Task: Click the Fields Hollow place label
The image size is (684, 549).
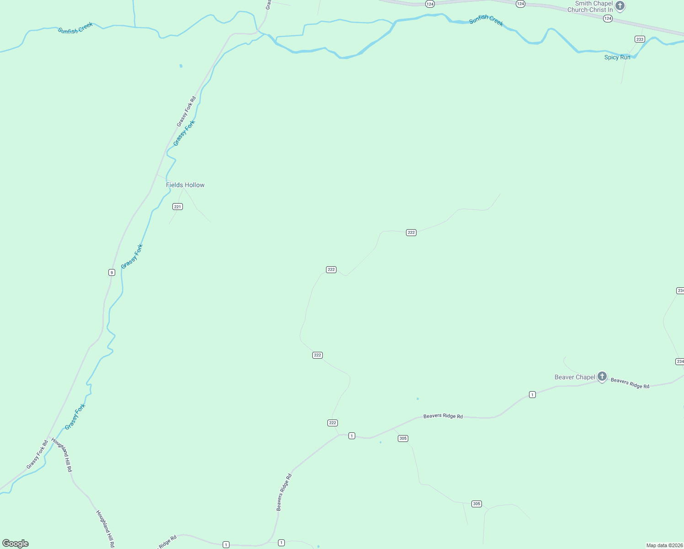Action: pos(185,185)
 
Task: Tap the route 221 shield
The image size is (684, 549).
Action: pos(178,207)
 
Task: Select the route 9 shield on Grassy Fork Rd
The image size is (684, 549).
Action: pos(112,273)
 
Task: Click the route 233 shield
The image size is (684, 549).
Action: pos(640,39)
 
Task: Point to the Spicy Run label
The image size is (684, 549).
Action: pos(617,57)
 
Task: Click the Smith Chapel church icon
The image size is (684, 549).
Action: pos(620,6)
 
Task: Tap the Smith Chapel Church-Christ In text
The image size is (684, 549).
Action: pos(590,6)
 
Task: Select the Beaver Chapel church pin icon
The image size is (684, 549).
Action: pos(602,377)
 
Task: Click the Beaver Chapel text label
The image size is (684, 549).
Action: pos(575,377)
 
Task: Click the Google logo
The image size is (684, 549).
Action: pos(16,544)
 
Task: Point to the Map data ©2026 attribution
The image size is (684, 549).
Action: pos(664,545)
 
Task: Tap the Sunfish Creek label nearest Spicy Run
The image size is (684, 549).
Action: pos(486,21)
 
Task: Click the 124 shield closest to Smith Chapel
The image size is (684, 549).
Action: pos(607,18)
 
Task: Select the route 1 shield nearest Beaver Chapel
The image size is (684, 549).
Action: pos(532,394)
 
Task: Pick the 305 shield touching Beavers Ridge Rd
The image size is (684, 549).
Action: pos(403,438)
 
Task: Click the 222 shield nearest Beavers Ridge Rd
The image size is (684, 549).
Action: pos(332,423)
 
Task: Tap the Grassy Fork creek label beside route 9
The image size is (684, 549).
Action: pos(132,257)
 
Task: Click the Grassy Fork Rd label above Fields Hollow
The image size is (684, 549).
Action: pos(187,111)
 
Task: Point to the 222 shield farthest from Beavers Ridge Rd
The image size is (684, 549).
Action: pos(411,232)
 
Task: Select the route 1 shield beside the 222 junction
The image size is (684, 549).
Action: pos(352,436)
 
